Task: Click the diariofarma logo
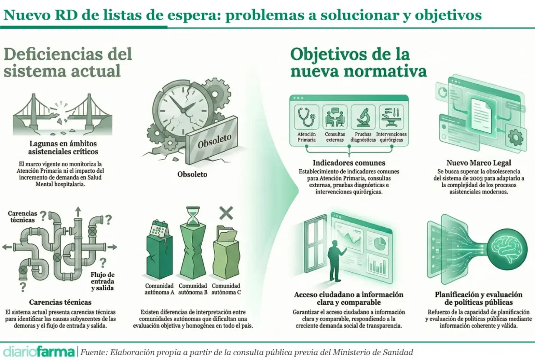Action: click(39, 352)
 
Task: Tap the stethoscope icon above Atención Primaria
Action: click(306, 117)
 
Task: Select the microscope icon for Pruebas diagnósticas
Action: click(363, 117)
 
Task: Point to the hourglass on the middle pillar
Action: click(194, 216)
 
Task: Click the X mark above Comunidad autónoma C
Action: click(226, 213)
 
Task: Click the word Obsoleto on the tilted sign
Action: click(214, 141)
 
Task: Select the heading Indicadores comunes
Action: click(349, 163)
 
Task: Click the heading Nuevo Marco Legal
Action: click(479, 163)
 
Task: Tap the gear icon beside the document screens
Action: click(515, 137)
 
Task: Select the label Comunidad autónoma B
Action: click(193, 289)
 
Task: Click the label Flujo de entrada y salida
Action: click(103, 281)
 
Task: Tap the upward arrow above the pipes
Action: click(78, 211)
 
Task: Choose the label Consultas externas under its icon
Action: click(335, 137)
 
